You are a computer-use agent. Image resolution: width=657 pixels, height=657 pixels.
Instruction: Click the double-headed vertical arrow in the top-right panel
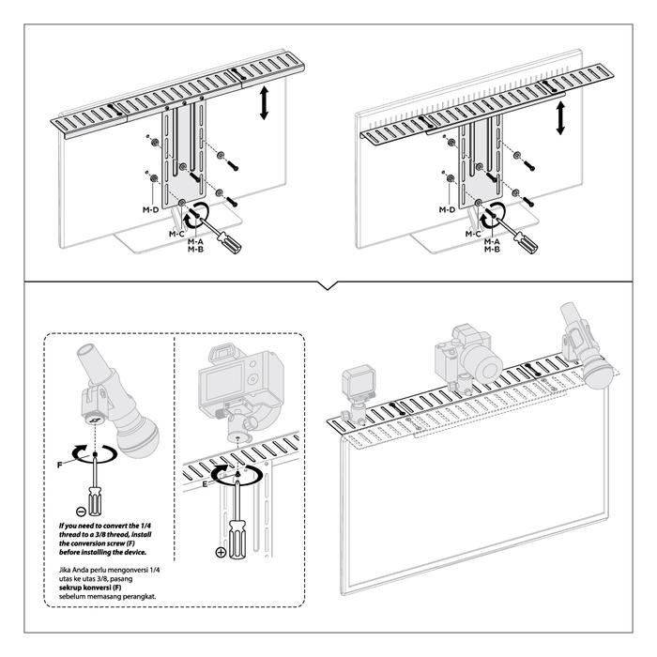click(x=560, y=117)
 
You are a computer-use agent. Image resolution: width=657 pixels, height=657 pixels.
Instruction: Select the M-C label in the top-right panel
click(x=472, y=232)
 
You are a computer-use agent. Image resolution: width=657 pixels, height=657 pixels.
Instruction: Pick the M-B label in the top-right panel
click(x=492, y=250)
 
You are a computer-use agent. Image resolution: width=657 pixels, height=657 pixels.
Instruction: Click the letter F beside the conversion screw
click(x=59, y=464)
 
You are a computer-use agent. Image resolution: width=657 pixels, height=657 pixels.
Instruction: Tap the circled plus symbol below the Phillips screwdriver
click(x=222, y=553)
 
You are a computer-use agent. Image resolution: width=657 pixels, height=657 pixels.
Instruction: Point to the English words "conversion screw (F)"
click(x=107, y=543)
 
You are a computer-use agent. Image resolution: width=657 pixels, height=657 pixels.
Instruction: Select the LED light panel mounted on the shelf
click(x=357, y=386)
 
